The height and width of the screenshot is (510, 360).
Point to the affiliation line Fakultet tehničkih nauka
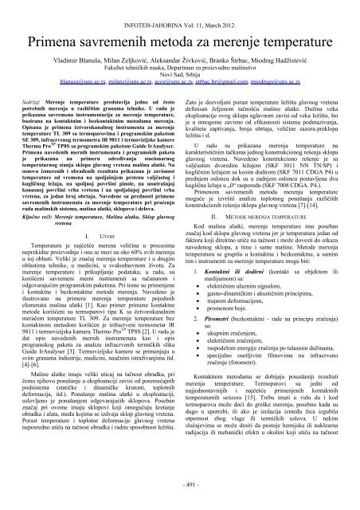(180, 59)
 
